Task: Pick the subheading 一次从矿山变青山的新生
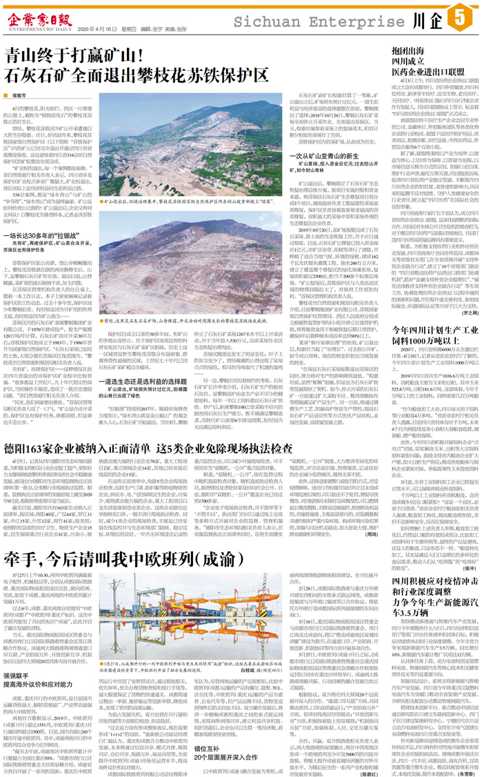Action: click(332, 155)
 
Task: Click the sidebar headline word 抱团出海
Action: click(408, 51)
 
